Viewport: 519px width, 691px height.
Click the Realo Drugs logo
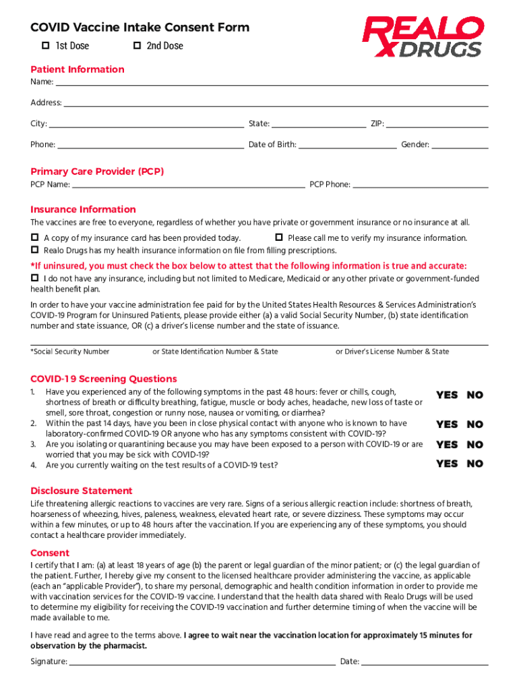tap(423, 38)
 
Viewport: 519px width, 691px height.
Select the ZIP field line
tap(437, 125)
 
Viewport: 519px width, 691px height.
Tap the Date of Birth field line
tap(347, 145)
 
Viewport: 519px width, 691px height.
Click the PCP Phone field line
tap(421, 185)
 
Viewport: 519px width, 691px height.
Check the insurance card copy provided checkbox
tap(34, 238)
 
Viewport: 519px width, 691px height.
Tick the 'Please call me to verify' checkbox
tap(278, 238)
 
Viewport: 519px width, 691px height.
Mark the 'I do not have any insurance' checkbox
tap(34, 279)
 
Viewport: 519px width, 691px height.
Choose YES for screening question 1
tap(446, 395)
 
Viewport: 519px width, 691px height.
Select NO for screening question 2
tap(475, 424)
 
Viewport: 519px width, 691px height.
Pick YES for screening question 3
tap(446, 445)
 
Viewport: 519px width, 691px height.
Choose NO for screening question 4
tap(475, 464)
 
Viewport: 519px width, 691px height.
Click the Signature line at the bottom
tap(202, 663)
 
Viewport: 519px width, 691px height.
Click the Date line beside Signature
tap(425, 663)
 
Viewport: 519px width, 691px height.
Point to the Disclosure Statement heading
tap(82, 491)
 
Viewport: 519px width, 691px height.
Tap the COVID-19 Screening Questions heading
tap(104, 379)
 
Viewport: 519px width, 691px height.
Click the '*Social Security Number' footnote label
tap(70, 352)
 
